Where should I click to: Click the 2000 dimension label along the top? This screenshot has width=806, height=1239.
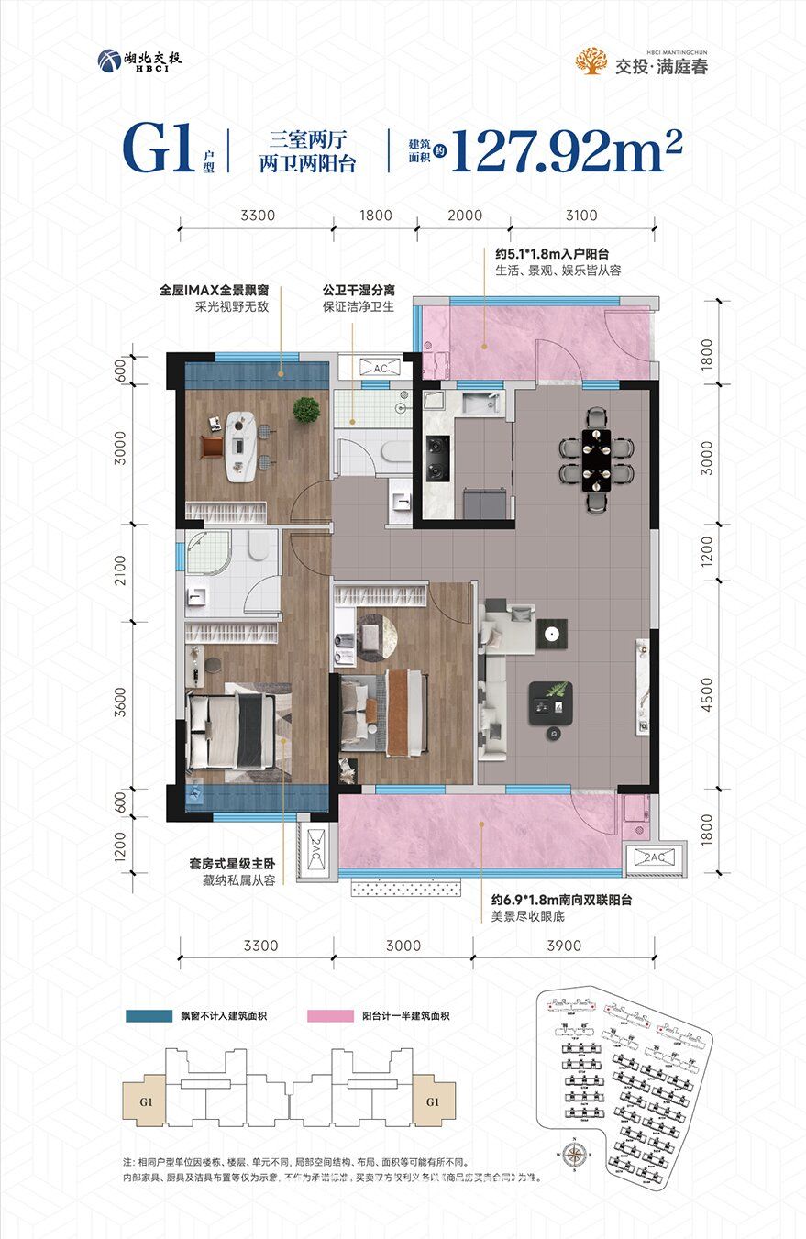[x=465, y=216]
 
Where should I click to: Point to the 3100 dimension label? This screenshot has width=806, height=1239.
[x=581, y=216]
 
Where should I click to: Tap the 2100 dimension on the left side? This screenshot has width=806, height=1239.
[x=120, y=573]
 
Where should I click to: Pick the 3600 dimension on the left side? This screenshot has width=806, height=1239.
[x=120, y=703]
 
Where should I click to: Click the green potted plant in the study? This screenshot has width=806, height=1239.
[x=306, y=410]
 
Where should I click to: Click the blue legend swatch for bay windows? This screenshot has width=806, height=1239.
[x=149, y=1016]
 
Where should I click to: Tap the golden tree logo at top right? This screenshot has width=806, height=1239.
[x=591, y=61]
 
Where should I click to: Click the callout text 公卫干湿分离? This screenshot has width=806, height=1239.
[x=357, y=292]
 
